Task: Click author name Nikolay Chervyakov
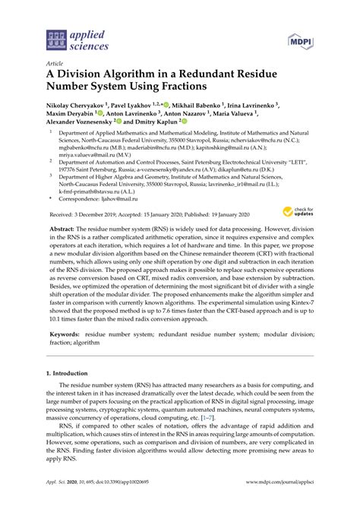coord(74,110)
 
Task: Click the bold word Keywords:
coord(66,334)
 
